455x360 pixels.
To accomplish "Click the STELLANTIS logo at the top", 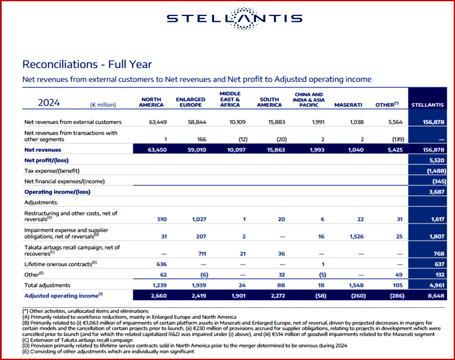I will [x=234, y=18].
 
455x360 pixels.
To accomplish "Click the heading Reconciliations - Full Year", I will [x=87, y=64].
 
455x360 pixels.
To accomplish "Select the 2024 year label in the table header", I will [x=49, y=103].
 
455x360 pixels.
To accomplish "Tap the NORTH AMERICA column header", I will [x=151, y=102].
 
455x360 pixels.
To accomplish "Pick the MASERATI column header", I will [x=348, y=105].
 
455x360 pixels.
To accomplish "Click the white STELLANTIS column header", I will [x=427, y=105].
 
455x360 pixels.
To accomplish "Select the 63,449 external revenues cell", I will [x=158, y=122].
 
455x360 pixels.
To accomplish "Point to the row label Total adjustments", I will [x=47, y=285].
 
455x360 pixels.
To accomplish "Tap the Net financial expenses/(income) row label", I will [x=65, y=181].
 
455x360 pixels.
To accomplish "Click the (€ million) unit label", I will [x=103, y=105].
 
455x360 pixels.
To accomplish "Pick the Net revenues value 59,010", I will [x=197, y=150].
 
